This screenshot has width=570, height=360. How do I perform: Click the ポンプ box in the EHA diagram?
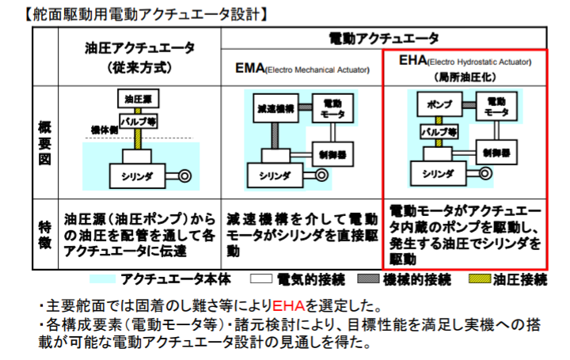pos(438,104)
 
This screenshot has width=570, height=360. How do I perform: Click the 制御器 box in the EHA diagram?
pos(496,151)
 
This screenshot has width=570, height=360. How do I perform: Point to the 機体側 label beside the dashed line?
pos(103,129)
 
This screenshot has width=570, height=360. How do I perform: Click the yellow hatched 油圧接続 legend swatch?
pos(478,279)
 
